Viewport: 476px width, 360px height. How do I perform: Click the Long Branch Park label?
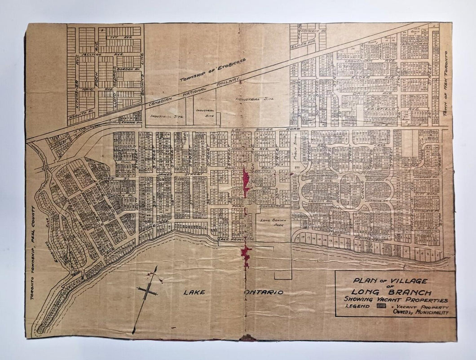click(x=272, y=222)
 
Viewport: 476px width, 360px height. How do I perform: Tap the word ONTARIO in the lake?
click(x=265, y=292)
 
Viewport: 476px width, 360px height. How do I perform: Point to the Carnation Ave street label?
click(x=414, y=45)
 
